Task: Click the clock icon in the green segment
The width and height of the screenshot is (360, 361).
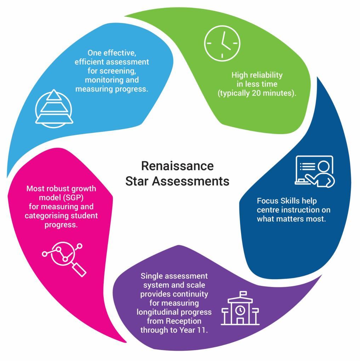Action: [x=222, y=43]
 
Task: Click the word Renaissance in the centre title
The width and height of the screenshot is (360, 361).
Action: [x=177, y=166]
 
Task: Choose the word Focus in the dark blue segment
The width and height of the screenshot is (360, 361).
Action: [x=267, y=201]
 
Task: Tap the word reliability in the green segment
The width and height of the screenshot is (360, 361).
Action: [x=264, y=75]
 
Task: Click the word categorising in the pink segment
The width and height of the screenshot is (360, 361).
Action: [x=44, y=216]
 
